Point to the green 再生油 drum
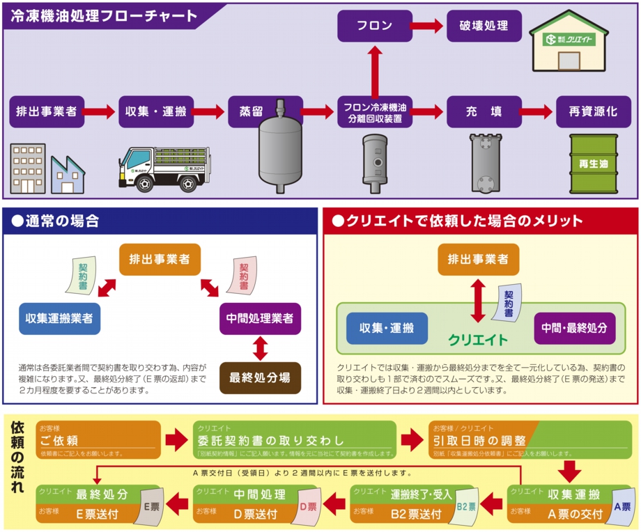(593, 164)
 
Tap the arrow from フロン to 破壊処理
(426, 26)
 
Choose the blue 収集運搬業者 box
(60, 319)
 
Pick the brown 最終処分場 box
(261, 378)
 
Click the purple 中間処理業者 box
(261, 319)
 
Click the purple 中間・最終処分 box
(575, 327)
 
